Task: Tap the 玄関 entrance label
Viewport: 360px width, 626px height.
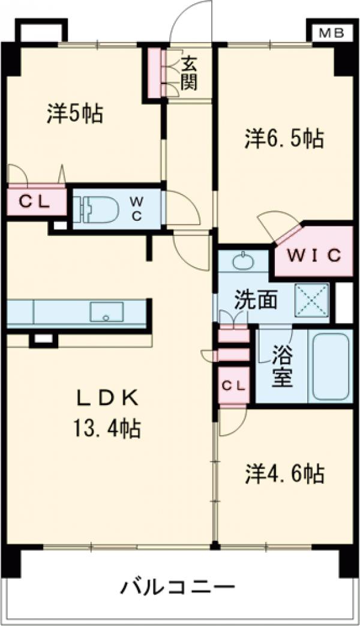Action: [x=189, y=72]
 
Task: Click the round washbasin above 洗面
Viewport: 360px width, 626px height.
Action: [x=243, y=261]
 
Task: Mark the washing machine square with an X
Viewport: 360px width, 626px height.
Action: [x=311, y=299]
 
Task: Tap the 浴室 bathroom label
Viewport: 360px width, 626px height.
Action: [x=281, y=367]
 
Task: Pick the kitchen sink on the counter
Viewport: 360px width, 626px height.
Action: [x=107, y=312]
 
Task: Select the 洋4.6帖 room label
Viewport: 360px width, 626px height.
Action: [x=284, y=474]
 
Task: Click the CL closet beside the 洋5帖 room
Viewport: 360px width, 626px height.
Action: [x=35, y=202]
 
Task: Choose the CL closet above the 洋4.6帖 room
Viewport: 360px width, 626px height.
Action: [x=233, y=386]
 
